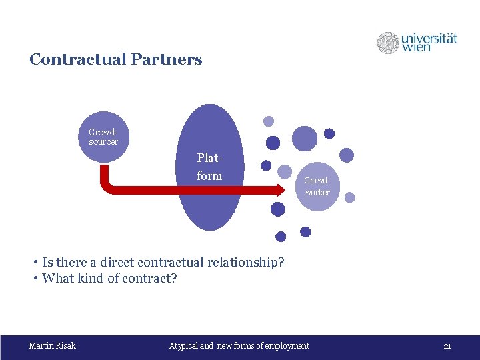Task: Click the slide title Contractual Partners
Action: pos(115,59)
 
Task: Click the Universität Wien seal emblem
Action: pos(388,43)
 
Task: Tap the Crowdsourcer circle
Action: pos(103,137)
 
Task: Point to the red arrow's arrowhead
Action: pos(278,189)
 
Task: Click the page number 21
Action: pos(447,345)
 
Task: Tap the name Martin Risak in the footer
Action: pos(53,345)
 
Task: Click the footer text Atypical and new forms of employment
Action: pos(239,345)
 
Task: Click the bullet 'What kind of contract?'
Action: pos(109,278)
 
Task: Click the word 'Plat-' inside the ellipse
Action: pos(209,159)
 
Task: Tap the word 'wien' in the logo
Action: pos(417,48)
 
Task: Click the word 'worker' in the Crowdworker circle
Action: pos(317,192)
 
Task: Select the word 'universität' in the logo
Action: pos(429,38)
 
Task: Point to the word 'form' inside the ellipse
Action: pos(209,175)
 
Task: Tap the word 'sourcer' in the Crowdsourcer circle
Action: pos(103,141)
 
